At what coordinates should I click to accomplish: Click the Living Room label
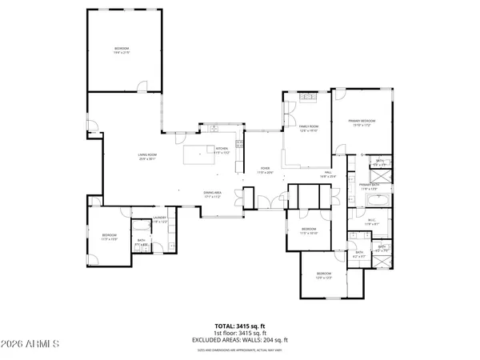pos(146,157)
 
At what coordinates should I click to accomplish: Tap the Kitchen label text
pos(222,150)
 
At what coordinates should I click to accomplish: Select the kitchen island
pos(197,154)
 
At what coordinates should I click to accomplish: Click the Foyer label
pos(265,170)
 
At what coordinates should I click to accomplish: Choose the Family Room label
pos(309,128)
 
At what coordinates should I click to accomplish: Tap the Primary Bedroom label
pos(362,122)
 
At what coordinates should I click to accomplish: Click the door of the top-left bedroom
pos(142,86)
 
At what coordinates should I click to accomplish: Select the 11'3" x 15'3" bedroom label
pos(109,237)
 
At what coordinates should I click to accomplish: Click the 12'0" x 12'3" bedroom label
pos(324,277)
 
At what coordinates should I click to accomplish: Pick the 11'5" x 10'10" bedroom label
pos(309,231)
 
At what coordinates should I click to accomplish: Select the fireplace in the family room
pos(308,97)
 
